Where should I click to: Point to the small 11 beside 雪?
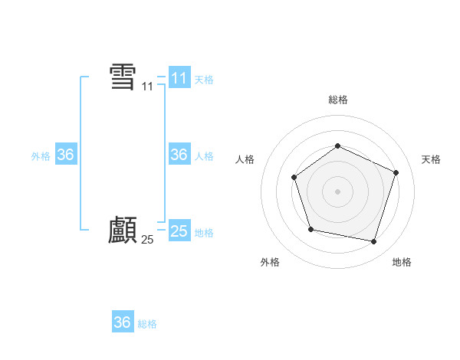pyautogui.click(x=147, y=88)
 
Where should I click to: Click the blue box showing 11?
pyautogui.click(x=179, y=78)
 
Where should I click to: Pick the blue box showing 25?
pyautogui.click(x=179, y=231)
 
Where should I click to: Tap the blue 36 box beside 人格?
pyautogui.click(x=179, y=155)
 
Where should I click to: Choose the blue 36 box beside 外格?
pyautogui.click(x=65, y=155)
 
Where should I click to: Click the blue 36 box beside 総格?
pyautogui.click(x=123, y=322)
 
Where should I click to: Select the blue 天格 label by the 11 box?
pyautogui.click(x=204, y=80)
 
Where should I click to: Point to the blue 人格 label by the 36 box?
pyautogui.click(x=204, y=156)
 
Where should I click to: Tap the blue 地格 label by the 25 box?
pyautogui.click(x=204, y=233)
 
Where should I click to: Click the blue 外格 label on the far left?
pyautogui.click(x=41, y=156)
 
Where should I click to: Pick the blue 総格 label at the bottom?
pyautogui.click(x=147, y=324)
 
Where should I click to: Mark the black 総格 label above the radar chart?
pyautogui.click(x=337, y=100)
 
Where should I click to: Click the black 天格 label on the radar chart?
pyautogui.click(x=431, y=159)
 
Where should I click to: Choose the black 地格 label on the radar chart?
pyautogui.click(x=402, y=263)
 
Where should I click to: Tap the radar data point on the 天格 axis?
pyautogui.click(x=396, y=172)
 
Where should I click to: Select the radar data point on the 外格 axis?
pyautogui.click(x=310, y=229)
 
